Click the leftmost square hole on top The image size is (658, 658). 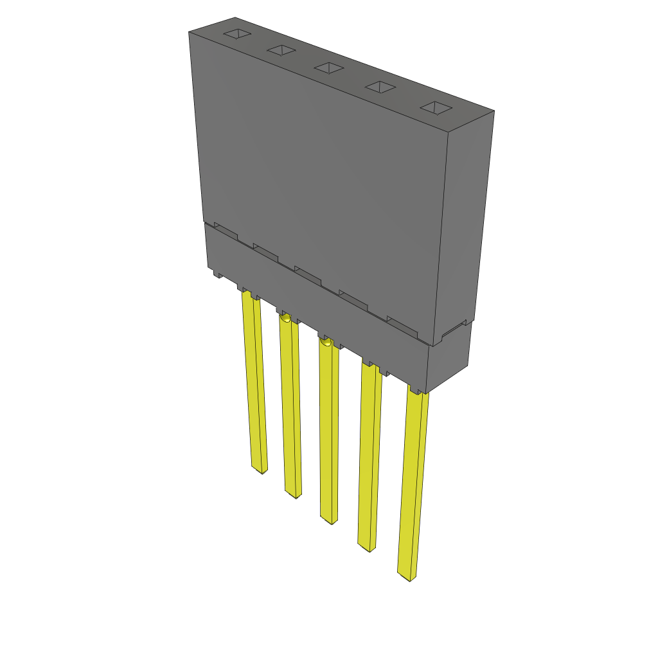236,34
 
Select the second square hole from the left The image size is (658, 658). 281,50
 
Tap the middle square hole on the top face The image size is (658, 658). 328,67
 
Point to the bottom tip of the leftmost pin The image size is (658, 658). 260,470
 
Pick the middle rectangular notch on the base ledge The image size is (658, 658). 307,274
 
